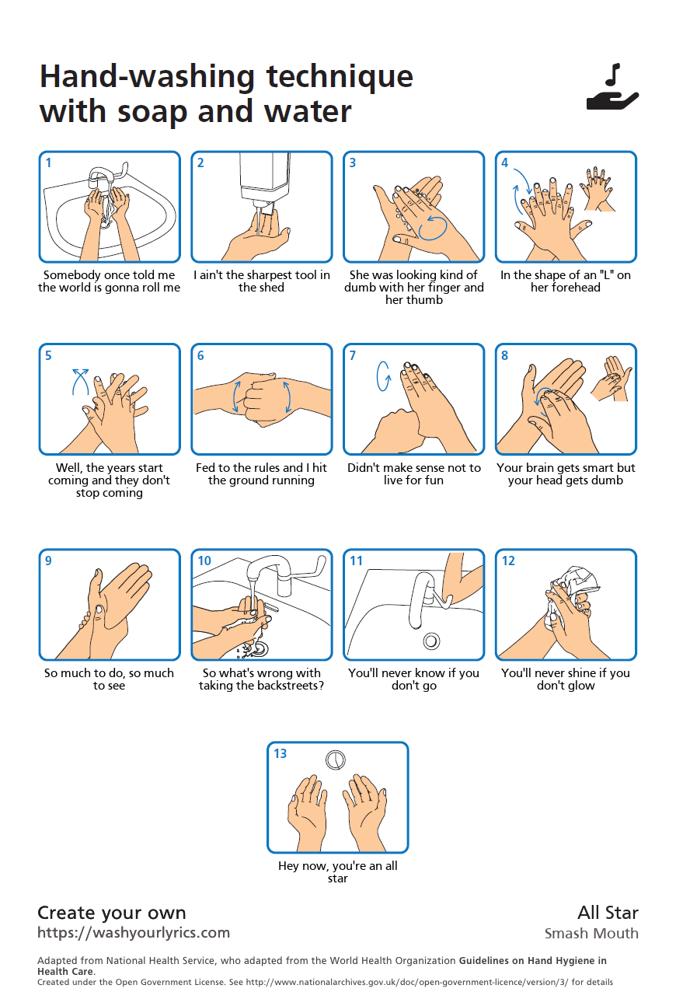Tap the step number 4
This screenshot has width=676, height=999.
505,163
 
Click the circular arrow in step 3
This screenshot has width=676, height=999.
433,226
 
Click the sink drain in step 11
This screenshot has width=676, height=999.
431,641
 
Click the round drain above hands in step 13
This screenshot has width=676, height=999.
335,760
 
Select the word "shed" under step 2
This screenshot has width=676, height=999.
271,288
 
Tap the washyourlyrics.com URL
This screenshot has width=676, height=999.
134,933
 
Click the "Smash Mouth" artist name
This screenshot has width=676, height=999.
591,934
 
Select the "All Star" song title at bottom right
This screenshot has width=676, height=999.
608,913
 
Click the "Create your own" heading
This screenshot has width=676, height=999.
112,913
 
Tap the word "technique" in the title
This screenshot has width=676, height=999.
340,77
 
